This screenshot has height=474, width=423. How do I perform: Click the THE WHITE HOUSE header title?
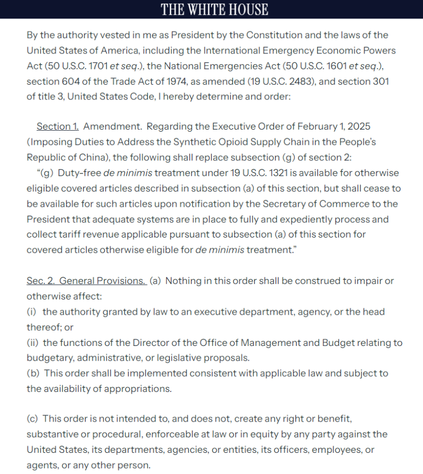click(x=214, y=10)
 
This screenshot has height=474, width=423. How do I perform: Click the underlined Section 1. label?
click(x=58, y=127)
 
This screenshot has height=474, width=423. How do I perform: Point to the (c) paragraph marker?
click(x=33, y=419)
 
